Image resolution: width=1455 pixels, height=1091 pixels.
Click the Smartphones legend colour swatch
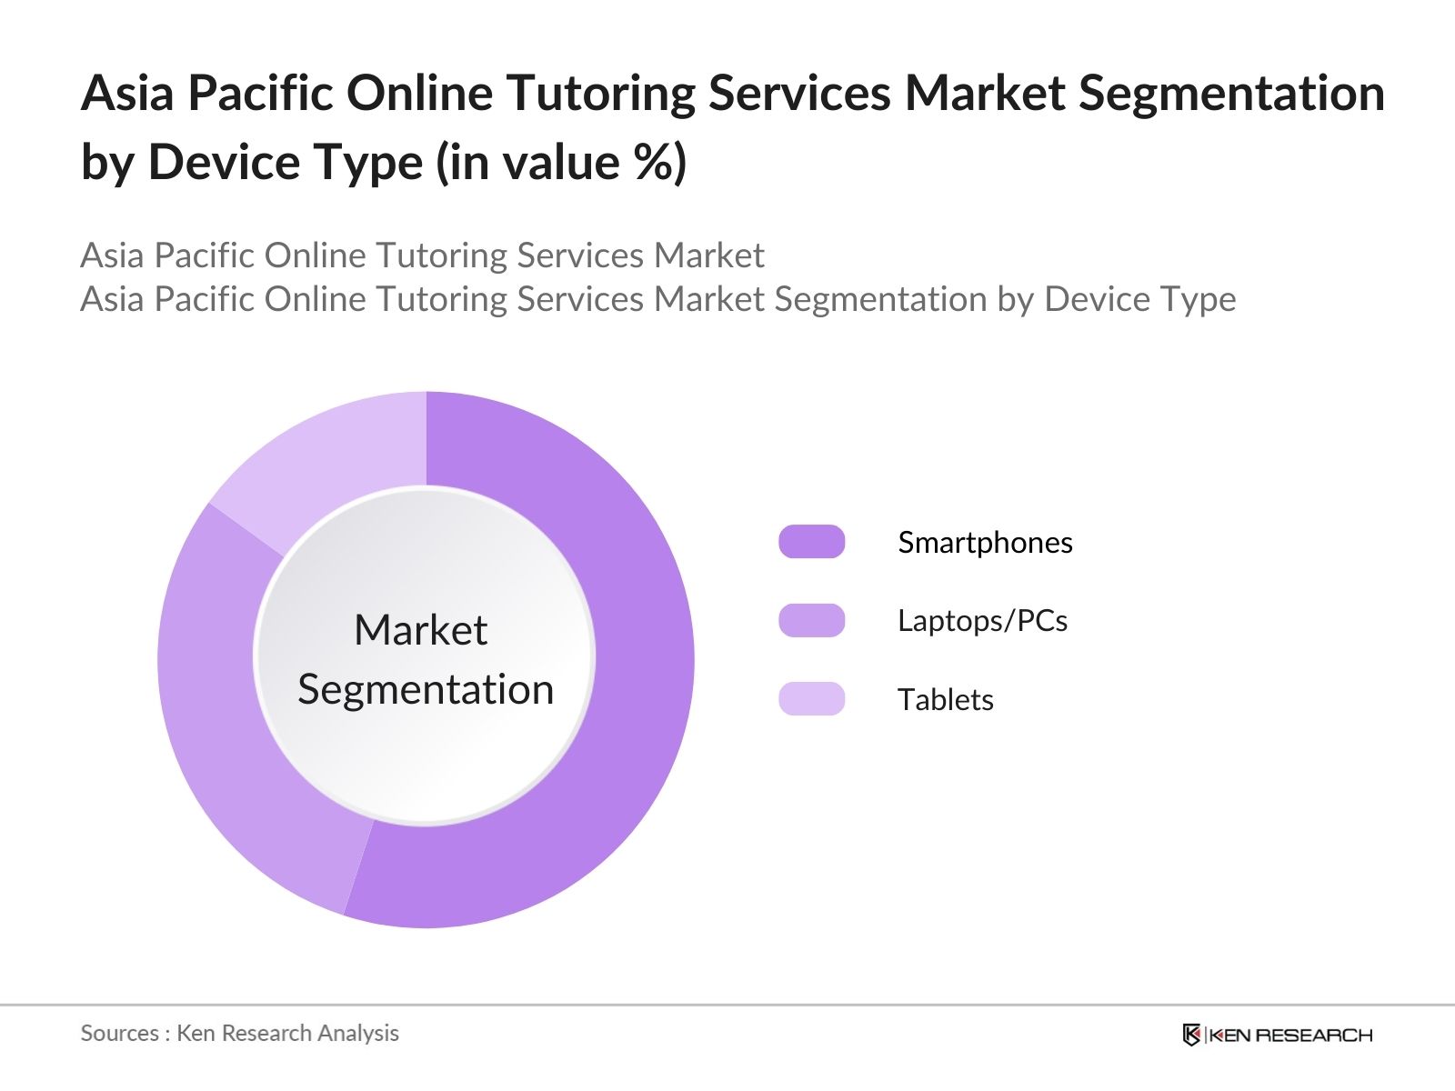coord(811,542)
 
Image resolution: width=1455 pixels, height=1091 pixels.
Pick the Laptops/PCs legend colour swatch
coord(811,620)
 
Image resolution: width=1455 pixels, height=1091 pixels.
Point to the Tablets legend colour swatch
coord(811,699)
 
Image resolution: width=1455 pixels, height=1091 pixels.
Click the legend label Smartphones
coord(985,542)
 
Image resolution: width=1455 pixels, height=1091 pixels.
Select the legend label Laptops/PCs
coord(982,620)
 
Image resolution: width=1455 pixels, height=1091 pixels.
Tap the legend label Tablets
coord(945,699)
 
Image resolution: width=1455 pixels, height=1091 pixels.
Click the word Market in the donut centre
coord(420,629)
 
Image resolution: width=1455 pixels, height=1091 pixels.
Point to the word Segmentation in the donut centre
coord(426,689)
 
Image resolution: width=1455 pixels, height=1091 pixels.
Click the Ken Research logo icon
coord(1191,1035)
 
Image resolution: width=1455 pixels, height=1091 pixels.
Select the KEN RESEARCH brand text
coord(1290,1035)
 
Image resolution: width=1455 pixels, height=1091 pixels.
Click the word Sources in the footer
coord(119,1033)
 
